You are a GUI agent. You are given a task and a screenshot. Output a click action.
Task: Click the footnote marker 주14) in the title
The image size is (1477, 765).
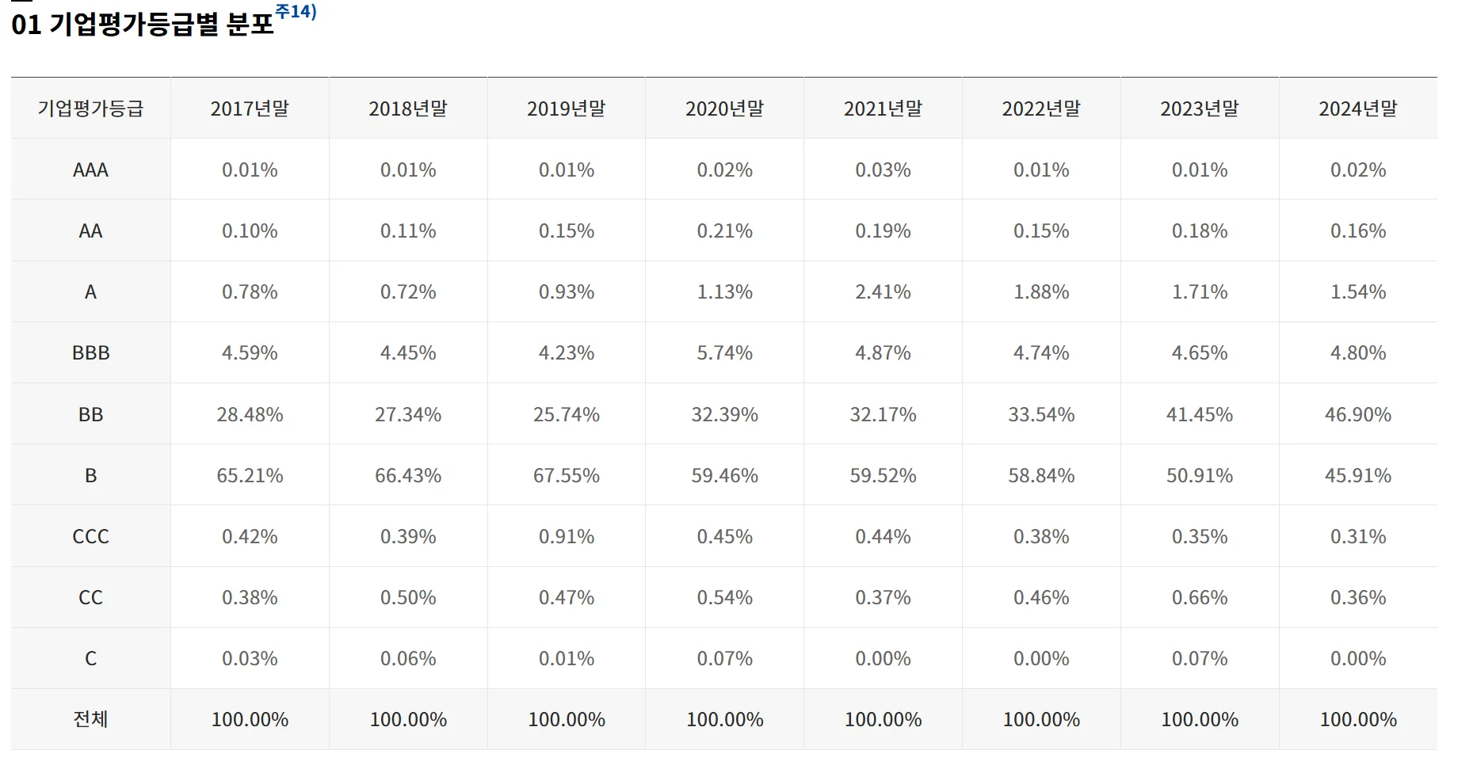point(296,12)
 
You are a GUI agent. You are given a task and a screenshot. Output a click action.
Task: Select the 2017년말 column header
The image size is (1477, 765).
point(250,108)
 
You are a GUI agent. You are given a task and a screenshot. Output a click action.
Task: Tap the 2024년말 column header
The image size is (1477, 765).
point(1357,108)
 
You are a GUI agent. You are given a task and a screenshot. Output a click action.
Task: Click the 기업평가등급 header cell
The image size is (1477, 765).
point(90,108)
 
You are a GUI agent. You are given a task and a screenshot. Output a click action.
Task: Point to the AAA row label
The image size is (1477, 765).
point(90,169)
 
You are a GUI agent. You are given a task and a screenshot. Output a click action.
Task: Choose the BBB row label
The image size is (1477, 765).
point(90,352)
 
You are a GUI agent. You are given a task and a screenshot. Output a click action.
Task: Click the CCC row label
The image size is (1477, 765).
point(90,536)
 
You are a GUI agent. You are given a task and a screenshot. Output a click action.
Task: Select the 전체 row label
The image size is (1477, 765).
point(90,719)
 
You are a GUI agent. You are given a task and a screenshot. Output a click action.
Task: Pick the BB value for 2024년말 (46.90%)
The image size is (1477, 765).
point(1357,414)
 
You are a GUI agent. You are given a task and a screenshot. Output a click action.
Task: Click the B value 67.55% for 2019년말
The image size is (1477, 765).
point(566,475)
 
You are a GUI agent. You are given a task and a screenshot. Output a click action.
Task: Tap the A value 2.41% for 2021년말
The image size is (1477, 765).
point(883,291)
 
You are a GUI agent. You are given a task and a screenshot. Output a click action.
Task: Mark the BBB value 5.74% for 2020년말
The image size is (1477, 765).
point(724,352)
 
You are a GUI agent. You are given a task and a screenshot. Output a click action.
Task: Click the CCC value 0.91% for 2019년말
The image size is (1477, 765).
point(566,536)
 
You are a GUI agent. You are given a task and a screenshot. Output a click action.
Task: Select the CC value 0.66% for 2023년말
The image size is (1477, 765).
point(1199,597)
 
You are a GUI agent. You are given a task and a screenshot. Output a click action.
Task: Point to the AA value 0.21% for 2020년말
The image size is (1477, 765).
point(724,230)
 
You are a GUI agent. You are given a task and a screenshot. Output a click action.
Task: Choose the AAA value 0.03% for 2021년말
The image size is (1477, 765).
point(883,169)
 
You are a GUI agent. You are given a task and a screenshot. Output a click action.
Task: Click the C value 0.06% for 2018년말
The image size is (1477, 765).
point(408,658)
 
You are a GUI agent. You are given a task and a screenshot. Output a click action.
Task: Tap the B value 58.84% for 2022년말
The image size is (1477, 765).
point(1041,475)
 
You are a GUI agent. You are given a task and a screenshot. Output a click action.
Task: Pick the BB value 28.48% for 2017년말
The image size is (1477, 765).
point(250,414)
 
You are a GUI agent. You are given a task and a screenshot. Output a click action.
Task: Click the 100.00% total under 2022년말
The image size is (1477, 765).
point(1041,719)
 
